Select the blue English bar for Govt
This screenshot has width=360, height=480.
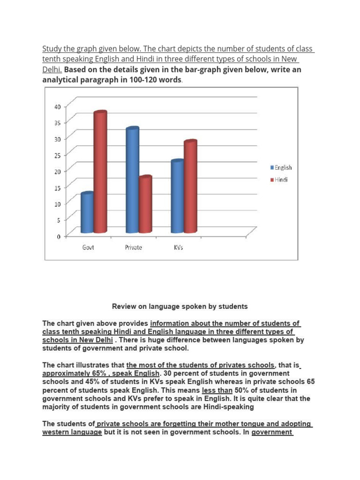tap(87, 213)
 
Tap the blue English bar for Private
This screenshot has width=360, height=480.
tap(132, 180)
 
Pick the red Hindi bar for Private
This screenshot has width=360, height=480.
tap(145, 205)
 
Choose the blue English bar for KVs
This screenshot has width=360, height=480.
tap(177, 197)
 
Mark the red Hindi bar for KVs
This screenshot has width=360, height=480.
tap(190, 187)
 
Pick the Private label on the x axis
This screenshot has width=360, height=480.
tap(134, 247)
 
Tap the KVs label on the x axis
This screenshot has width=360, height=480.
tap(179, 247)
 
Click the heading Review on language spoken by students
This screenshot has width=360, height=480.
tap(180, 307)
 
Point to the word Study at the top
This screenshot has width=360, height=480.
tap(52, 49)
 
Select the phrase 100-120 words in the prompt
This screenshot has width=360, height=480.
tap(157, 80)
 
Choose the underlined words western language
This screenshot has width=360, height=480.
tap(72, 432)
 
